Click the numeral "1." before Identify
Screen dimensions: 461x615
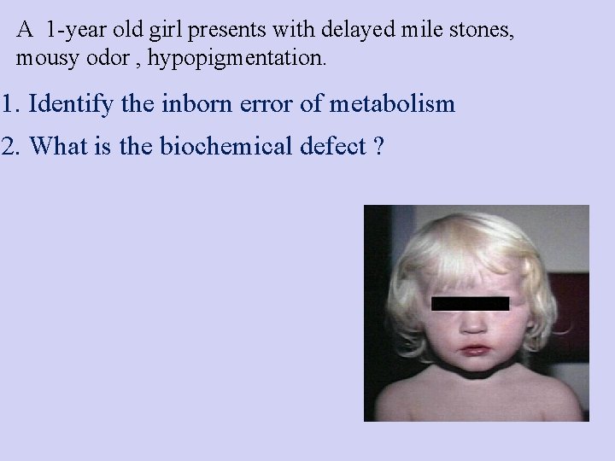tap(12, 105)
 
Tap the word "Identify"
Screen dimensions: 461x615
tap(69, 106)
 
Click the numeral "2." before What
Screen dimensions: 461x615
tap(12, 147)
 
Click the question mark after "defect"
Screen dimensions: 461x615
tap(378, 147)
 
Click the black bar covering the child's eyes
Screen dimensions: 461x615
tap(470, 303)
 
